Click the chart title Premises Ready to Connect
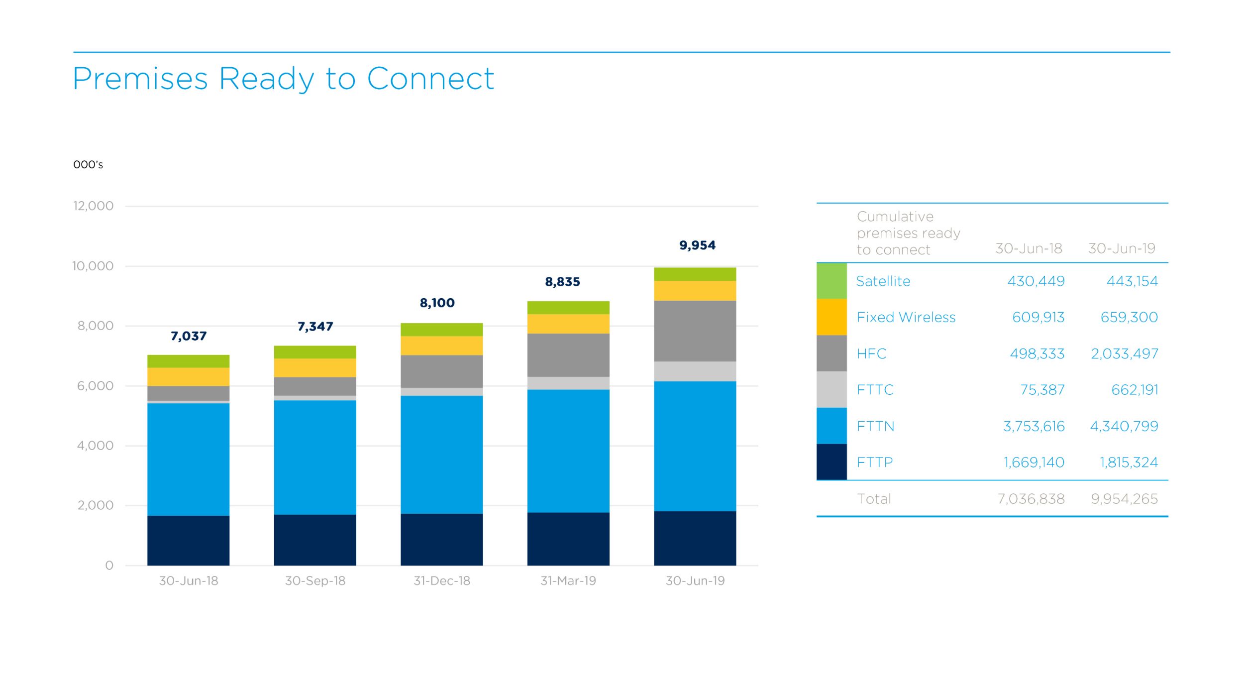click(x=283, y=79)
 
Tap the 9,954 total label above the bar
click(x=697, y=245)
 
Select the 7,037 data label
click(x=188, y=336)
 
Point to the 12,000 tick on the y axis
click(x=93, y=206)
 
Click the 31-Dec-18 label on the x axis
click(x=441, y=581)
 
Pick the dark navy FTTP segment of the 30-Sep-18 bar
click(x=315, y=540)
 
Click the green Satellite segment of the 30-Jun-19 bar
click(x=695, y=274)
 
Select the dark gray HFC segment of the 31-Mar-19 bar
click(x=568, y=355)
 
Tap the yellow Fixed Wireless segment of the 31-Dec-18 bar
click(x=441, y=346)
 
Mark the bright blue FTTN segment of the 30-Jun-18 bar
click(x=188, y=460)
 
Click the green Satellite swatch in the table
click(x=831, y=281)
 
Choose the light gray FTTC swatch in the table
click(x=831, y=389)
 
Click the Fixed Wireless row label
click(x=906, y=317)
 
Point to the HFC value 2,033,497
click(x=1124, y=353)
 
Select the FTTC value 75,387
click(x=1042, y=390)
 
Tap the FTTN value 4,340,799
click(x=1124, y=426)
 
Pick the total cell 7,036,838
click(x=1031, y=499)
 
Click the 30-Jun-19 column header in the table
click(x=1121, y=248)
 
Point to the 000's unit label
click(x=88, y=165)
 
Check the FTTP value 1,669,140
click(x=1034, y=463)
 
